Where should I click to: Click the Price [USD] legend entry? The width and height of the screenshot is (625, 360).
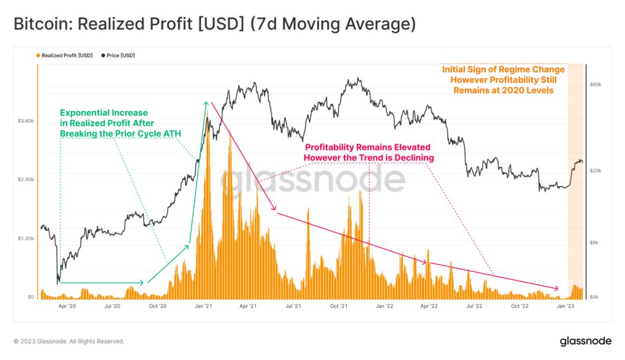coord(120,56)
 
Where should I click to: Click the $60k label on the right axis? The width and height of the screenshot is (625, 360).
coord(595,85)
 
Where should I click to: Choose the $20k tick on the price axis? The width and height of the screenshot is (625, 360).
coord(595,171)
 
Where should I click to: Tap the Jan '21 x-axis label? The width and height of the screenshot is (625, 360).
coord(203,306)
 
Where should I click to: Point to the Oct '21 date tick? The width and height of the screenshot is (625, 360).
coord(339,306)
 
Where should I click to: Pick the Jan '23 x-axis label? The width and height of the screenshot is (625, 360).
coord(565,306)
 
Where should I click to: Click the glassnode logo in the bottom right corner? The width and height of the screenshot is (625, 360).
coord(585,341)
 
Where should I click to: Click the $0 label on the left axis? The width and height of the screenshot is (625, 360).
coord(30,297)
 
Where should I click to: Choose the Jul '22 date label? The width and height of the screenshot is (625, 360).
coord(474,306)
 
